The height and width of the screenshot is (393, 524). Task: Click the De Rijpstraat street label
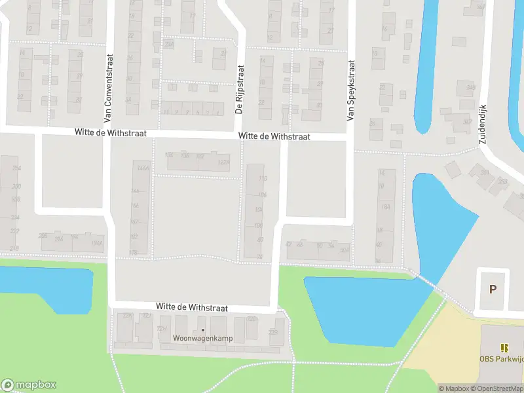239,90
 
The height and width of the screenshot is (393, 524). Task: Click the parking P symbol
493,289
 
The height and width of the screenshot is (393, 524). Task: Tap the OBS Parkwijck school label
502,358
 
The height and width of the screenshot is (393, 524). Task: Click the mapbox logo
29,385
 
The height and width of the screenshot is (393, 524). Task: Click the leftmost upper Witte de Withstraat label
112,133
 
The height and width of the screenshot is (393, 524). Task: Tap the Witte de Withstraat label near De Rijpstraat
274,137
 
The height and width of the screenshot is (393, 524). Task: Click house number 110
263,179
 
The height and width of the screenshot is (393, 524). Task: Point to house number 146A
136,168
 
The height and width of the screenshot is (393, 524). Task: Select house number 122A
223,162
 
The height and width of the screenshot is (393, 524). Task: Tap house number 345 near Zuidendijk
469,88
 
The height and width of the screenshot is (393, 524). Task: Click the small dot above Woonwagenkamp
203,329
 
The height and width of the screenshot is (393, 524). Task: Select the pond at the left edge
43,288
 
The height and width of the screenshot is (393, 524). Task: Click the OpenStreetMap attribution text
496,388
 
